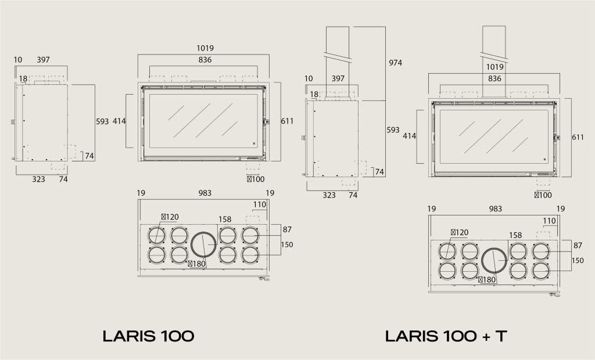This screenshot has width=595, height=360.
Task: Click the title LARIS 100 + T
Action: (446, 336)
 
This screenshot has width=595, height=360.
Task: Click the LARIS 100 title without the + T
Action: (148, 336)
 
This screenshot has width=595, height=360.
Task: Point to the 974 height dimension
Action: (395, 63)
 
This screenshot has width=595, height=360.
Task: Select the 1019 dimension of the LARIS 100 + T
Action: (495, 67)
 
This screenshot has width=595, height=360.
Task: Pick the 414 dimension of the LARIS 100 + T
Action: (409, 136)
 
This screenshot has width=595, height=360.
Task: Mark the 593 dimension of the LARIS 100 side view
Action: (102, 121)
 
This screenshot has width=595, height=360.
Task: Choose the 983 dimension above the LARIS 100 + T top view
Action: (495, 208)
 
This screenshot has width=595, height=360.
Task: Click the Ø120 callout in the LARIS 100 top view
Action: (170, 217)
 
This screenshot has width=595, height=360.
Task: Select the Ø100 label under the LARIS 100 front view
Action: (255, 179)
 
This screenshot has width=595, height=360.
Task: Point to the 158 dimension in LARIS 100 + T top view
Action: (515, 235)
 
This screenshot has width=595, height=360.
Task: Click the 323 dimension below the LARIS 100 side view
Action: (38, 179)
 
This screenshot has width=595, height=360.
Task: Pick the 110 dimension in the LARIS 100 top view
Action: (259, 204)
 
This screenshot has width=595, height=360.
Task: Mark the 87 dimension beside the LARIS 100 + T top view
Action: (578, 245)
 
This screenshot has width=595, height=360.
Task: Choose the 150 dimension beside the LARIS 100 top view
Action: (287, 244)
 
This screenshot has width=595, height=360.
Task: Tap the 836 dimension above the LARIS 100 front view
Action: (205, 60)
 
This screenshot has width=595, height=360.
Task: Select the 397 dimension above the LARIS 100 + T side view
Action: (338, 78)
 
